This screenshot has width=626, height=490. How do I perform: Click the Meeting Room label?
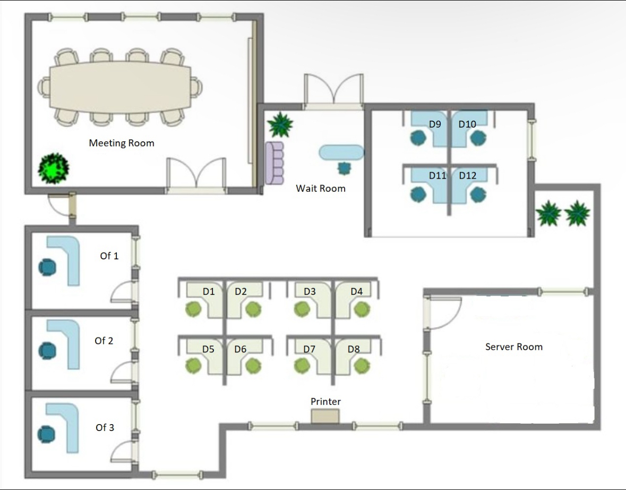[122, 143]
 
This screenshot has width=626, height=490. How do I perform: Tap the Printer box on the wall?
[325, 416]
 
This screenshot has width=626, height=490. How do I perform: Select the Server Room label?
[514, 347]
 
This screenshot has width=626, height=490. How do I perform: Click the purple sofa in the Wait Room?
[275, 163]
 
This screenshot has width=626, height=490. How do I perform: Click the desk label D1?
[209, 291]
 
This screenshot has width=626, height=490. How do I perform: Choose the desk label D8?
[354, 349]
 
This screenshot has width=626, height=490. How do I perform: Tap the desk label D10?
[467, 124]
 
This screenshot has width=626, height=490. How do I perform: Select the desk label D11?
[438, 175]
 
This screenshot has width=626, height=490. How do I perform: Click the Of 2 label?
[104, 341]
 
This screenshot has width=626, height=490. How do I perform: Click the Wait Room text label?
[321, 188]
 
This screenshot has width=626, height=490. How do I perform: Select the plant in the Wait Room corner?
[280, 125]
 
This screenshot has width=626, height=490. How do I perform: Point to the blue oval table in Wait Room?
[341, 153]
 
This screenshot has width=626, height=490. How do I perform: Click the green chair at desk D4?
[362, 308]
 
